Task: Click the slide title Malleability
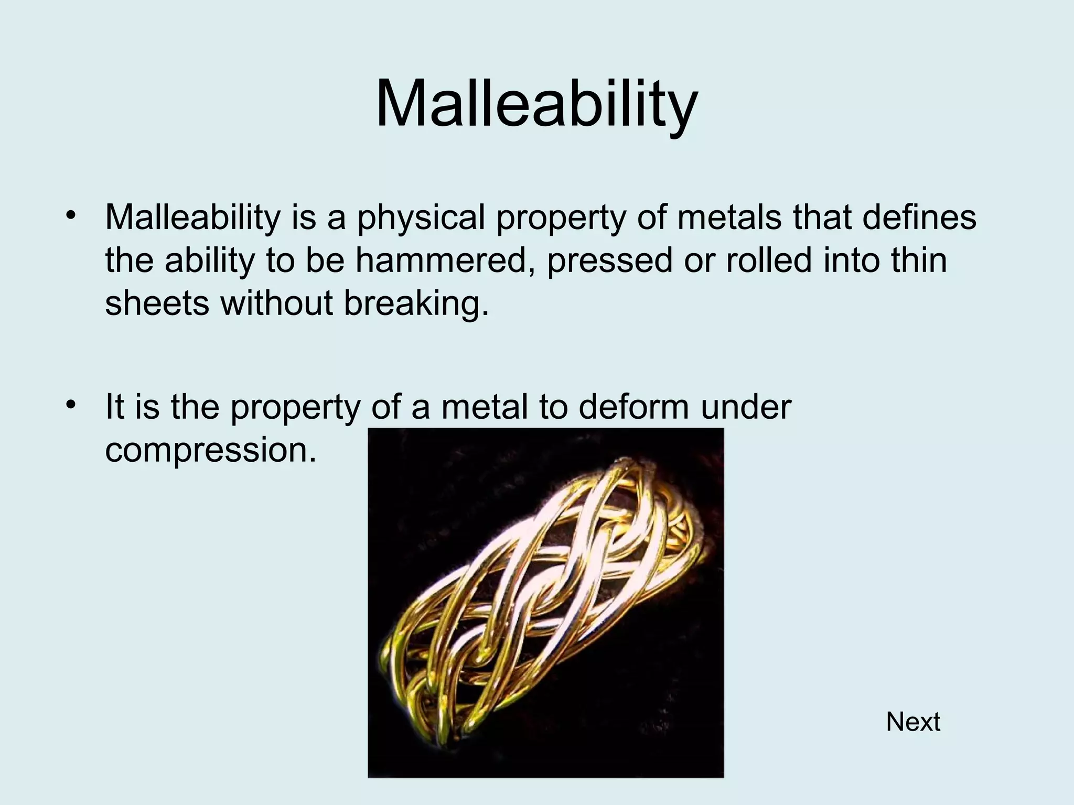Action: (x=536, y=103)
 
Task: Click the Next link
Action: (x=912, y=722)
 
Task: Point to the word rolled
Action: (x=769, y=260)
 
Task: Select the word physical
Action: (x=421, y=218)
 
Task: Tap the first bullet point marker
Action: (x=71, y=216)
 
